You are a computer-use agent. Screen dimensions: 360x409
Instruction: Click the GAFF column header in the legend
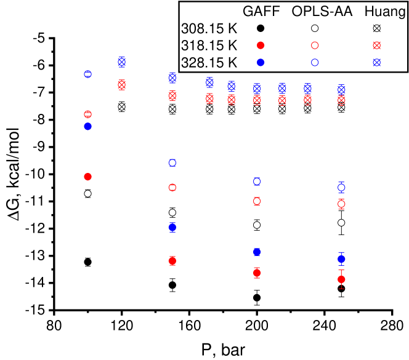pos(261,11)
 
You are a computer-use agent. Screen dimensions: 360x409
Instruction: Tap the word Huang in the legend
pos(380,11)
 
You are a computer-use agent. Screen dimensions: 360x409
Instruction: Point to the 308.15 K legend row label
pos(209,28)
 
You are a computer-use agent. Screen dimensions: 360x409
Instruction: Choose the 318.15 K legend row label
pos(209,46)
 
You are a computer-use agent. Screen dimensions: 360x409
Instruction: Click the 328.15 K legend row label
pos(209,62)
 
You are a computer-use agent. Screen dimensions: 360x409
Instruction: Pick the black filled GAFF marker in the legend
pos(261,28)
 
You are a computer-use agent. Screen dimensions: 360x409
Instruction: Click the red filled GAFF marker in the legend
pos(261,46)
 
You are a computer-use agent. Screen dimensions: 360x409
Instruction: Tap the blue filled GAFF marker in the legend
pos(261,62)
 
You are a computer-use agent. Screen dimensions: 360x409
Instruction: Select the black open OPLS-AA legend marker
pos(315,28)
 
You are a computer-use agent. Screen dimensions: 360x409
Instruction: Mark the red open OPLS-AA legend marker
pos(315,46)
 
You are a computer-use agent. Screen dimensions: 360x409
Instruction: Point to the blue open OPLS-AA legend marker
pos(315,62)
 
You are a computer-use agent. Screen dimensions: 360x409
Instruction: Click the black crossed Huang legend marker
pos(377,28)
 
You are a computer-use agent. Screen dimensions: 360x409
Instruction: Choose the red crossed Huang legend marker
pos(377,46)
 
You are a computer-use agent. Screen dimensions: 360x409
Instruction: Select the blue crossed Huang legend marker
pos(377,62)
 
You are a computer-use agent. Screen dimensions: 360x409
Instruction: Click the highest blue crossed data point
pos(122,62)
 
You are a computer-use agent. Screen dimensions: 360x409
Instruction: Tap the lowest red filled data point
pos(341,279)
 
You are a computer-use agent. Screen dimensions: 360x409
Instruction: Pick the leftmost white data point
pos(87,193)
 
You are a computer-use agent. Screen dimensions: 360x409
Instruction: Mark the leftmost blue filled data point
pos(87,126)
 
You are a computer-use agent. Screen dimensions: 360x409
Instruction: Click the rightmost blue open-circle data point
pos(341,187)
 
